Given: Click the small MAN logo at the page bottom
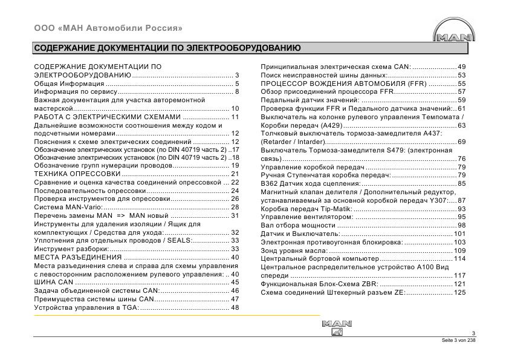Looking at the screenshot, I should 337,327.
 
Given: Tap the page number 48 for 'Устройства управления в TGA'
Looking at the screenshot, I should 235,307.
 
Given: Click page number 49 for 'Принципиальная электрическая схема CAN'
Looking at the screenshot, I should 461,67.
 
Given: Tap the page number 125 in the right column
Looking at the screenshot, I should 459,292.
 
